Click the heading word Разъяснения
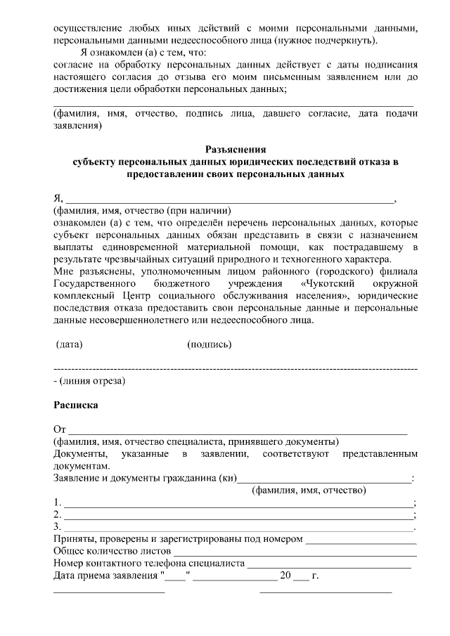tap(236, 149)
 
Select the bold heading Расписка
tap(76, 405)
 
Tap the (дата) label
tap(69, 345)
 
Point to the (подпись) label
tap(210, 345)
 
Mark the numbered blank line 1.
tap(238, 505)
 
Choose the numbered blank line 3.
tap(238, 528)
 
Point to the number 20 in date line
tap(285, 577)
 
